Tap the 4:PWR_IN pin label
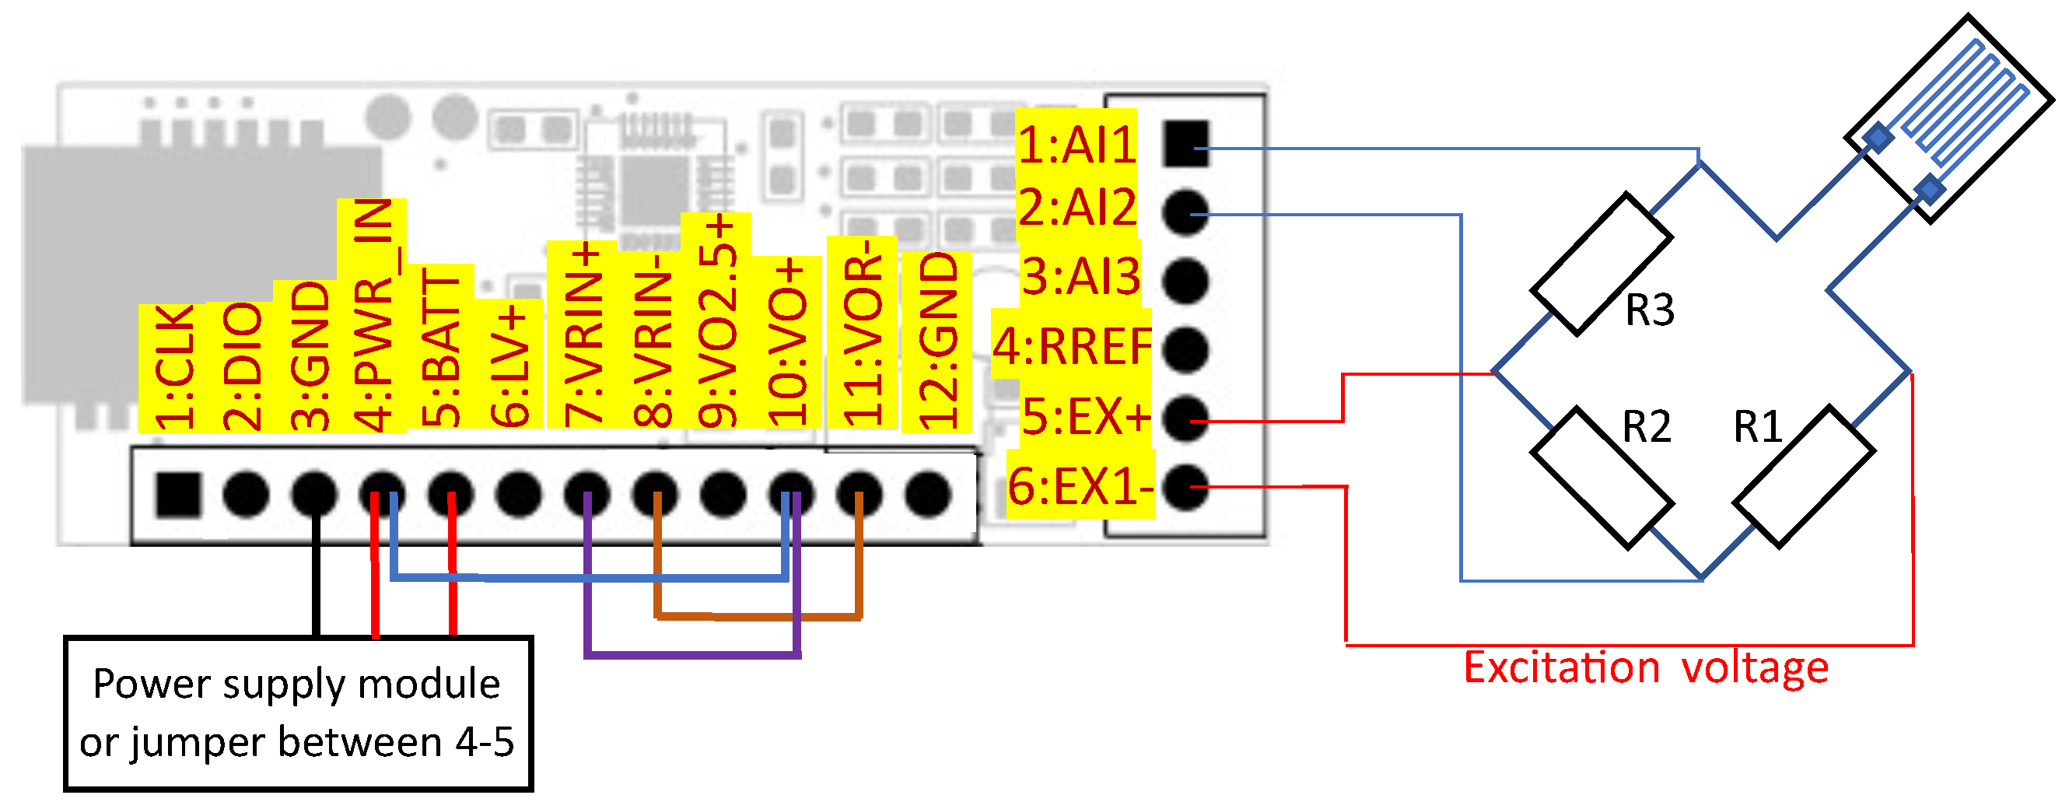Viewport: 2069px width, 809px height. click(373, 315)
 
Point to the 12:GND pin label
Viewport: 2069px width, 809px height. click(937, 341)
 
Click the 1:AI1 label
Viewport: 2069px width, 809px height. click(1077, 145)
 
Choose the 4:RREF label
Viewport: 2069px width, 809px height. click(1073, 346)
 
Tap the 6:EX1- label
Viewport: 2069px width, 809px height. click(1081, 486)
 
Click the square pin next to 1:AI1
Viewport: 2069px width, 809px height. click(1185, 144)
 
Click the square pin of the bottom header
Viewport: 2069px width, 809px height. click(178, 493)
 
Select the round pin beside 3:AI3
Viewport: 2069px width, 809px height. click(1185, 280)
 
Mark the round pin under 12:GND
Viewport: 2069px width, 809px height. click(929, 492)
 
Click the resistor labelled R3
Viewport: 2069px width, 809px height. click(1601, 264)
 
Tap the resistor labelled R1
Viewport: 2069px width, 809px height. click(1804, 476)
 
